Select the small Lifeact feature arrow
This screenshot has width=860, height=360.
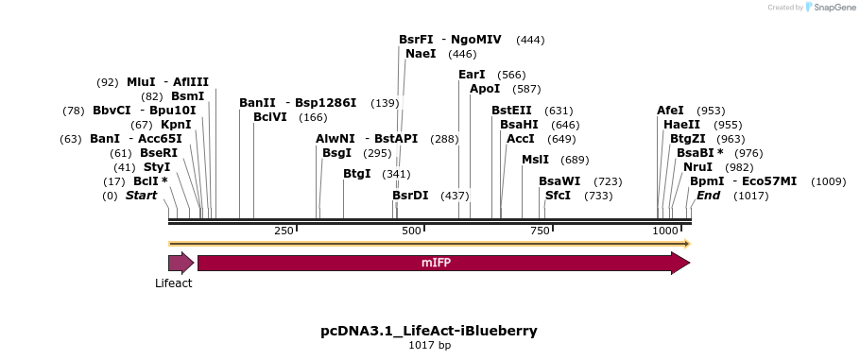click(x=181, y=263)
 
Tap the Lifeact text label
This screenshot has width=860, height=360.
click(x=174, y=283)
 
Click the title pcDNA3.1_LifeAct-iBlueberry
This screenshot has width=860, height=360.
click(x=429, y=331)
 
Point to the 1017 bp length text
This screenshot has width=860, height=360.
click(x=429, y=346)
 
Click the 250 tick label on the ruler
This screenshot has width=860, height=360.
click(x=284, y=231)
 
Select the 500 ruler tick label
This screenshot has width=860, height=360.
click(x=411, y=231)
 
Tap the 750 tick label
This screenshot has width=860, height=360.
click(x=540, y=231)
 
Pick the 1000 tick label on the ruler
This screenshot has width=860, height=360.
click(x=665, y=231)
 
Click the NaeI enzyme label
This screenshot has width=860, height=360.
click(x=421, y=54)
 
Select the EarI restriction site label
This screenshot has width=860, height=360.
click(x=472, y=75)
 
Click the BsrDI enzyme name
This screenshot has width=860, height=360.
click(x=410, y=196)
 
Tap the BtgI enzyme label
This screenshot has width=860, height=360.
click(x=357, y=174)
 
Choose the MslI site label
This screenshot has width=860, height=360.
click(x=535, y=160)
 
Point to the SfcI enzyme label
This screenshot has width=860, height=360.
click(x=559, y=196)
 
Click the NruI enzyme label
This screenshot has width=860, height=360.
click(x=698, y=167)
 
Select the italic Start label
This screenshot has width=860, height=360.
click(x=142, y=196)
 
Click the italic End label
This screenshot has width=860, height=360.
click(x=708, y=196)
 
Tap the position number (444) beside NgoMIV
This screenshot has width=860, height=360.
click(x=530, y=40)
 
